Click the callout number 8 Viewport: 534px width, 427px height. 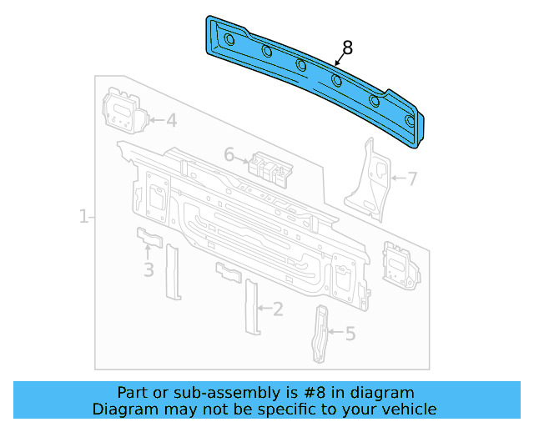point(347,48)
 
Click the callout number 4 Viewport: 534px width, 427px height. point(170,121)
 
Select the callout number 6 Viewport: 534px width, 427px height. point(229,154)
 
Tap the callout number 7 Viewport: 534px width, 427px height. point(411,178)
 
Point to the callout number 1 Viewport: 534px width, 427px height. point(83,218)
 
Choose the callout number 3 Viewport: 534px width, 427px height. point(149,269)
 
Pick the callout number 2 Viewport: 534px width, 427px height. point(278,309)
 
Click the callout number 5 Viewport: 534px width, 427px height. point(350,334)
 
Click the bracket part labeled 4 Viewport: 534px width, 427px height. point(123,108)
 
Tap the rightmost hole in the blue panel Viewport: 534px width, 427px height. point(409,121)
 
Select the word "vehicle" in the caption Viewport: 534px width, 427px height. point(409,409)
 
